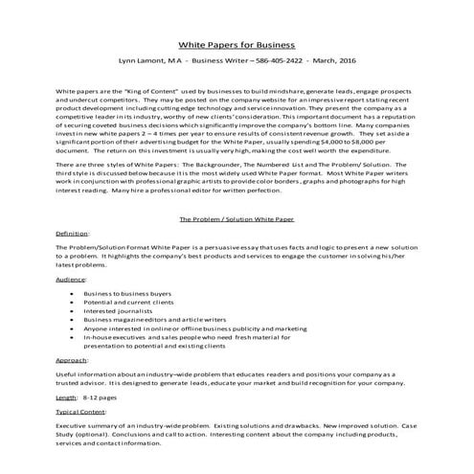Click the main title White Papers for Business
point(237,45)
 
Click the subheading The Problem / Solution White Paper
point(237,218)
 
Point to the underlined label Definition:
point(73,233)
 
